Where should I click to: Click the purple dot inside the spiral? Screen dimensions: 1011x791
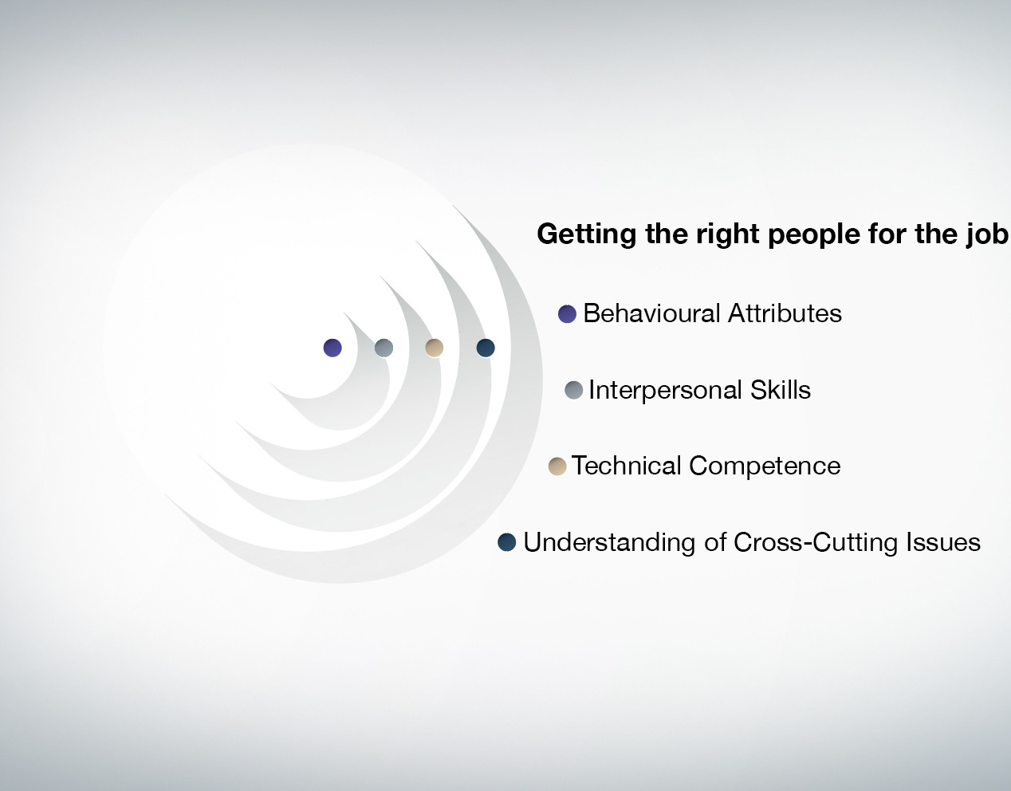[x=332, y=348]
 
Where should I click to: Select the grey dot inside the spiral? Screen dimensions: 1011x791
[x=384, y=348]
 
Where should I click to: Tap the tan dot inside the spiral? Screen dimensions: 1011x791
[x=435, y=348]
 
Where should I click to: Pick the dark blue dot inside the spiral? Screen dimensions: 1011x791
[x=486, y=348]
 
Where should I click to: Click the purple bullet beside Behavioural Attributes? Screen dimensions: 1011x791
[x=567, y=314]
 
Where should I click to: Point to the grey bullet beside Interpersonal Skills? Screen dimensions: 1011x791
[x=573, y=390]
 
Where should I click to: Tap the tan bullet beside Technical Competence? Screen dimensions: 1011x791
[x=557, y=466]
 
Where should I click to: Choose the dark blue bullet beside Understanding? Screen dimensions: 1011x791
[x=506, y=542]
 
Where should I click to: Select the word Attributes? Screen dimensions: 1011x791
[x=785, y=313]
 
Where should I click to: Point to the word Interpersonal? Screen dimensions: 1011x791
[x=665, y=390]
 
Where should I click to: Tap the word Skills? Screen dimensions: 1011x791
[x=781, y=389]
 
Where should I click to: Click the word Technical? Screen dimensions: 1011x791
[x=626, y=466]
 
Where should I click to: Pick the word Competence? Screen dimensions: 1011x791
[x=765, y=466]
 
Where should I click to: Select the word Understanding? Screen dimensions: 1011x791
[x=609, y=542]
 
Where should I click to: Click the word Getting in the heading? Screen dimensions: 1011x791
[x=587, y=234]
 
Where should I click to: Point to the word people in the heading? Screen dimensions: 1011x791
[x=814, y=234]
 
